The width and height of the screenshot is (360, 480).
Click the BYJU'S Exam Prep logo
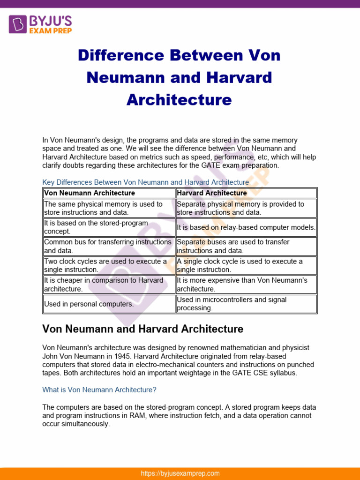[40, 23]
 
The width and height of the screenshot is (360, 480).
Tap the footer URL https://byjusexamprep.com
[180, 473]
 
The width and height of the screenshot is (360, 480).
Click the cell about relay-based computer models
[246, 227]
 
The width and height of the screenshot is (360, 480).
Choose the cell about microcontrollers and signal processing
[246, 304]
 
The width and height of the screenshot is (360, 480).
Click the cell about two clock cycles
[109, 265]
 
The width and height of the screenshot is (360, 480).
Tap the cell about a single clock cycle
[246, 265]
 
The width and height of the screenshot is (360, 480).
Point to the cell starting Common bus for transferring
[109, 246]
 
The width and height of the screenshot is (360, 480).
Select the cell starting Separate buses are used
[246, 246]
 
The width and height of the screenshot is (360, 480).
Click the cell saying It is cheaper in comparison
[109, 285]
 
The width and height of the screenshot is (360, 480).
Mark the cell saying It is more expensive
[246, 285]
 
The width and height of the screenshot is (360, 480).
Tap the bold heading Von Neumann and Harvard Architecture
[142, 329]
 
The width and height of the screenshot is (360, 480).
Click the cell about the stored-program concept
[109, 227]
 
